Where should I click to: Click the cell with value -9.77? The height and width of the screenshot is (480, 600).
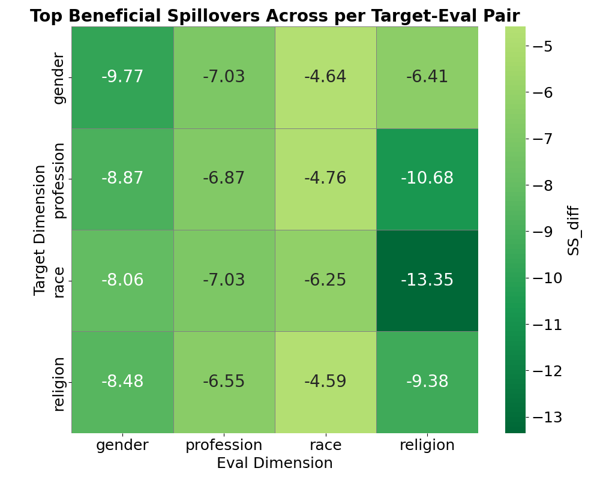point(122,77)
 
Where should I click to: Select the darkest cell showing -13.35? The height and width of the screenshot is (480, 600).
point(427,280)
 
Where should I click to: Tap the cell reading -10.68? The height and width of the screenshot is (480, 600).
point(427,179)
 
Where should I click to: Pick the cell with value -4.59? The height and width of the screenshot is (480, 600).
point(325,382)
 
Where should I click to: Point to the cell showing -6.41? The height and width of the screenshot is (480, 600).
point(427,77)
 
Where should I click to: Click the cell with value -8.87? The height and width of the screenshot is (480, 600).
point(122,179)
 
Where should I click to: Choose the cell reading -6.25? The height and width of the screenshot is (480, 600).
point(325,280)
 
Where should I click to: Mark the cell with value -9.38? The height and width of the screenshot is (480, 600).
point(427,382)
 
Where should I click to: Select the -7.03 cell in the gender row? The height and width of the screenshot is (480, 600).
point(224,77)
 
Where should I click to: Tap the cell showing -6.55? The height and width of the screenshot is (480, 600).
point(224,382)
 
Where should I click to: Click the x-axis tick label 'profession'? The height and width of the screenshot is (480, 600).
point(224,445)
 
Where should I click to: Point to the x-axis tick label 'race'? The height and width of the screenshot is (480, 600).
point(325,445)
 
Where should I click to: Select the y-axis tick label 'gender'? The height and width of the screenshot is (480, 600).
point(58,78)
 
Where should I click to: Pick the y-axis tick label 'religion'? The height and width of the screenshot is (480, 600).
point(58,383)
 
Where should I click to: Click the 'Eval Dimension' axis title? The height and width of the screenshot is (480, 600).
point(274,463)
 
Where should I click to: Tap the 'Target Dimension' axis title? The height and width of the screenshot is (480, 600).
point(40,230)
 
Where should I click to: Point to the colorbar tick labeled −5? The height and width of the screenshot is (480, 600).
point(545,46)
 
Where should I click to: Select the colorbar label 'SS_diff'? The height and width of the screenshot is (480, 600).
point(574,230)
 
